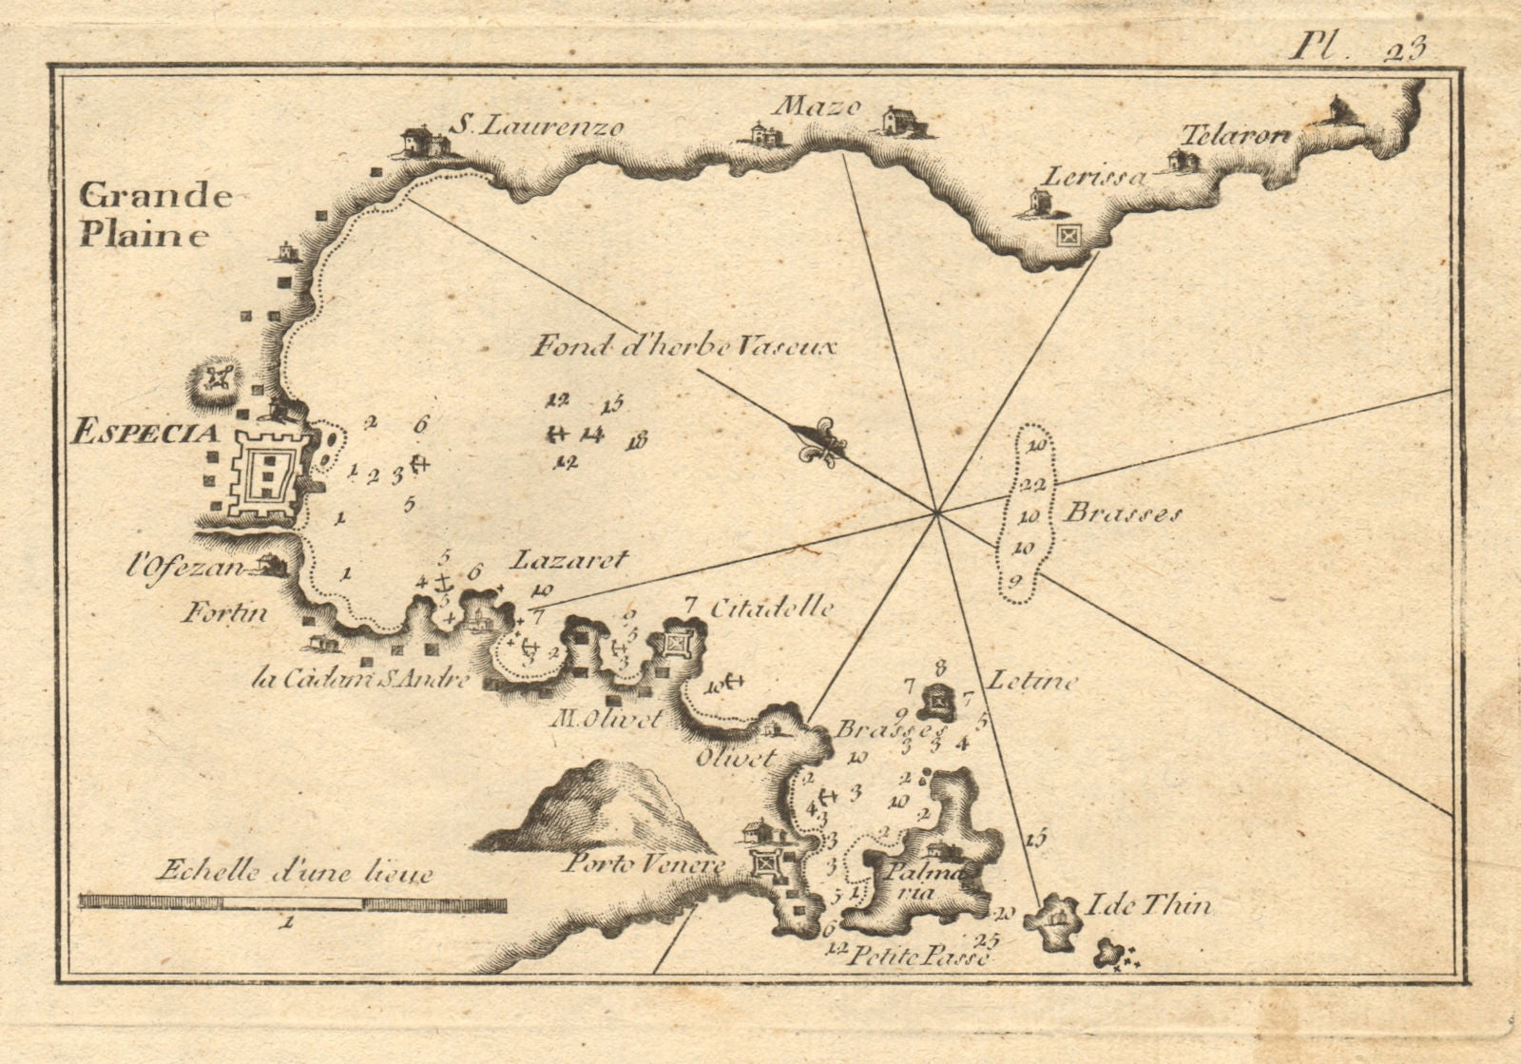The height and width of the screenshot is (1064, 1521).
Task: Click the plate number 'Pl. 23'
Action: [1357, 48]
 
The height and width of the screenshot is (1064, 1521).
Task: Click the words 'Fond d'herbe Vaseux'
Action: [683, 347]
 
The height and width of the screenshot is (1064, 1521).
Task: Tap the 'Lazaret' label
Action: [569, 560]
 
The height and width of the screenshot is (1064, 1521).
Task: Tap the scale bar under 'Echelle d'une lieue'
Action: [293, 902]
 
